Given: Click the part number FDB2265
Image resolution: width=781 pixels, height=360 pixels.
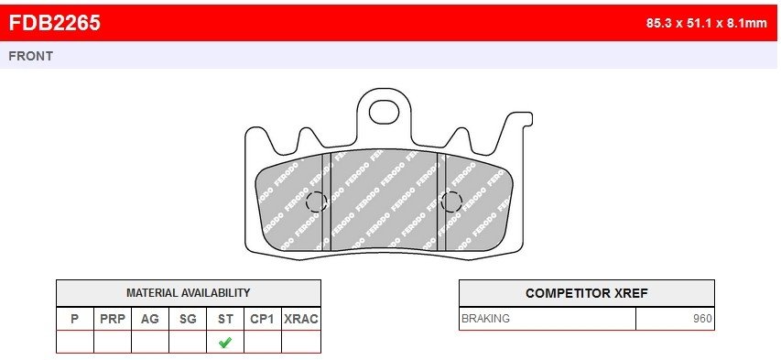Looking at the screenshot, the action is point(55,22).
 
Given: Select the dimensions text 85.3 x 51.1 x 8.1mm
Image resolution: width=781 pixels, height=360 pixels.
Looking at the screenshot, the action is point(706,23).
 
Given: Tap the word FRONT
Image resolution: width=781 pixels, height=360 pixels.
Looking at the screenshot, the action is point(30,56).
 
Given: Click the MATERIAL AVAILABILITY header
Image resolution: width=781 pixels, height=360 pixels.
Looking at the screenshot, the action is point(189,293).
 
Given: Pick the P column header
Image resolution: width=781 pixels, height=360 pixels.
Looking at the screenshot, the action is point(75,319).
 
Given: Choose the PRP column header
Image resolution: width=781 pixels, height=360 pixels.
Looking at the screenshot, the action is point(113,319).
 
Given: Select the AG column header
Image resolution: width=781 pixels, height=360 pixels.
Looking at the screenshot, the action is point(150,319).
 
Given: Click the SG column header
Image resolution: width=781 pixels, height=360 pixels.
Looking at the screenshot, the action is point(188,319).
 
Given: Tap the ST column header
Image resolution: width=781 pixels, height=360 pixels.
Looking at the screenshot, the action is point(225,319).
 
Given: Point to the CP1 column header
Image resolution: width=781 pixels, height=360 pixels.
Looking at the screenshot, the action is point(263,319).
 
